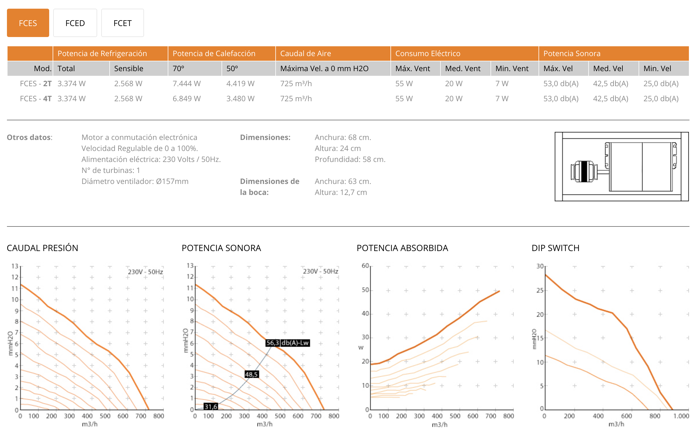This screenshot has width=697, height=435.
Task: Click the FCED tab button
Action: coord(75,23)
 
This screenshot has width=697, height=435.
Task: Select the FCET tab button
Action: coord(122,23)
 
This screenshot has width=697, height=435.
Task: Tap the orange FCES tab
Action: coord(28,23)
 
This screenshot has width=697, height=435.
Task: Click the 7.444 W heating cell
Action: coord(187,84)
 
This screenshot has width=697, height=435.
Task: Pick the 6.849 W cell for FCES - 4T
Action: coord(187,99)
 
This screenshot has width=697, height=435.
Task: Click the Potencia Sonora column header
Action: coord(572,54)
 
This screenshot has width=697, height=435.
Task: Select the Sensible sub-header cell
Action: coord(129,69)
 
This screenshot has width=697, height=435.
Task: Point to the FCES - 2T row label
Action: coord(36,84)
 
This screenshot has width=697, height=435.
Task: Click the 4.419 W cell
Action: coord(240,84)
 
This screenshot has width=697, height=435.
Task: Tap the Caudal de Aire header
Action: coord(305,54)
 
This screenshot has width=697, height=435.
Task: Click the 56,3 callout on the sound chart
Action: coord(272,343)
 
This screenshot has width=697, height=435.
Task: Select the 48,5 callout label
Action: coord(251,375)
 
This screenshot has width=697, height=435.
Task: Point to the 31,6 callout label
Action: coord(211,407)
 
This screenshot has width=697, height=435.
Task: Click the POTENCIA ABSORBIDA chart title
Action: coord(402,248)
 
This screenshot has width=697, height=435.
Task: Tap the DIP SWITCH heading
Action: coord(555,248)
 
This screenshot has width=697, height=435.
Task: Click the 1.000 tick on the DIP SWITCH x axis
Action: coord(681,416)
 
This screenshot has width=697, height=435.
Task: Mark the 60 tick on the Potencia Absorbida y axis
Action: coord(365,266)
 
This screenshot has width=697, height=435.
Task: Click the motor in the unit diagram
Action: coord(584,172)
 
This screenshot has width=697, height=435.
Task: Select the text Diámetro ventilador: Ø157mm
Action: coord(135,181)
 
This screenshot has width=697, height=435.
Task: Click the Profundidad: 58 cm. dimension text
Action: coord(350,159)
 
